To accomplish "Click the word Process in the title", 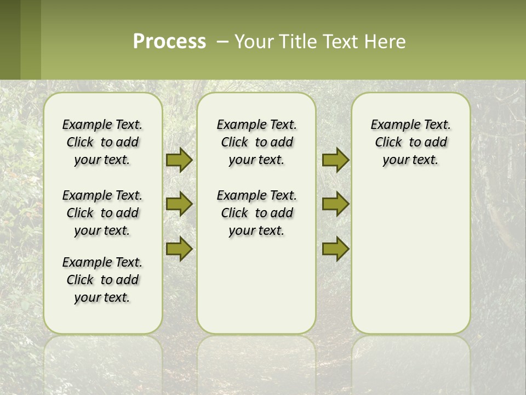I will pos(169,42).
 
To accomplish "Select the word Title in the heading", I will pos(298,42).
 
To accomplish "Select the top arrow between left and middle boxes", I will pos(179,160).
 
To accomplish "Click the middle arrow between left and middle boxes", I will pos(179,204).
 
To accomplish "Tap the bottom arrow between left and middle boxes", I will pos(179,249).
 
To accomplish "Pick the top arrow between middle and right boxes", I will pos(335,160).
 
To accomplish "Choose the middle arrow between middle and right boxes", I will pos(335,204).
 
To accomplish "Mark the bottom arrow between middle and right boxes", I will pos(335,249).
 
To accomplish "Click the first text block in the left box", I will pos(102,142).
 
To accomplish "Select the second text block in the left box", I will pos(102,213).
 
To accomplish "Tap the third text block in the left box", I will pos(102,280).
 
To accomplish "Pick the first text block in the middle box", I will pos(257,142).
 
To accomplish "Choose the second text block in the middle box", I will pos(257,213).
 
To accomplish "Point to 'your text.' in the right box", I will pos(410,160).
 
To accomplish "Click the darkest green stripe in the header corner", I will pos(10,39).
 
